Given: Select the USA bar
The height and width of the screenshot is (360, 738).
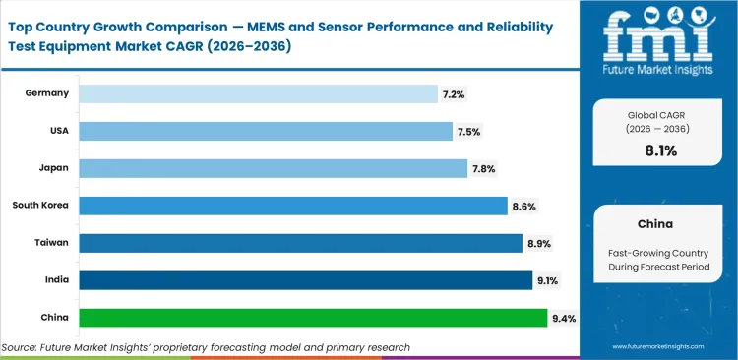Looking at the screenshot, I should [266, 131].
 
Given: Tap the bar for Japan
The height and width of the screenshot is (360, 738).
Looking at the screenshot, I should [273, 168].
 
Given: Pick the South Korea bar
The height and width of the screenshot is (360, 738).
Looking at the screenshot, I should [292, 206].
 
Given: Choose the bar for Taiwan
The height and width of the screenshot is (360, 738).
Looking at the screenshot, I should [300, 243].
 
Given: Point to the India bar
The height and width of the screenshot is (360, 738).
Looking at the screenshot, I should [305, 280].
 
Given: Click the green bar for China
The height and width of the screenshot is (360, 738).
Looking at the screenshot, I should [313, 318].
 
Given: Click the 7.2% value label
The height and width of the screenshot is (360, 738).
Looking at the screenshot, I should [454, 93].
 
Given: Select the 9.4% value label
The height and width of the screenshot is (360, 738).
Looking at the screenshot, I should [564, 318].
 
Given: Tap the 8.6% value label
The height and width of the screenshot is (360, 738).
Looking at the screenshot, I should [523, 206].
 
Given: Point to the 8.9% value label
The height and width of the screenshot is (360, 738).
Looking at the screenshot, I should [538, 243].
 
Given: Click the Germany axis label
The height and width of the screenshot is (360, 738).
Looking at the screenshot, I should [48, 93].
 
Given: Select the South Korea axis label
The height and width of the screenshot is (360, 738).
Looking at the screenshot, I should [40, 206].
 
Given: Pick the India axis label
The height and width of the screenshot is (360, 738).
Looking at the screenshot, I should [55, 280].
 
